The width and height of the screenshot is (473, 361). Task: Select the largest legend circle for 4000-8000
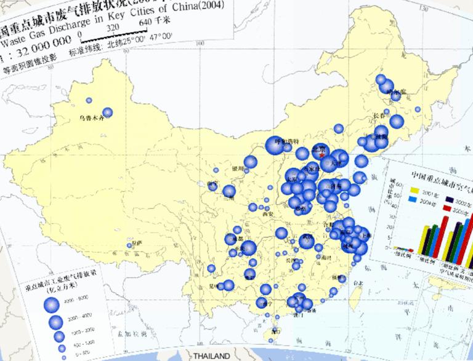(52, 304)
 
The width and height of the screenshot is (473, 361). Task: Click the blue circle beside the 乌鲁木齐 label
(108, 112)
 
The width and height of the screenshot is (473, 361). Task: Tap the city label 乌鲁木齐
(91, 117)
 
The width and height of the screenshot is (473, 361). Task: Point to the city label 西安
(267, 215)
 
